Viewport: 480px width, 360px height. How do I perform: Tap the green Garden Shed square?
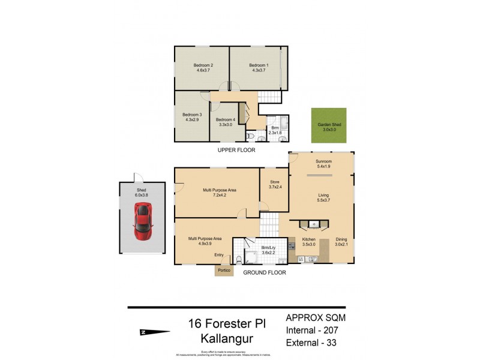tap(329, 125)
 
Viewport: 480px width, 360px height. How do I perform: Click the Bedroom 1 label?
tap(259, 65)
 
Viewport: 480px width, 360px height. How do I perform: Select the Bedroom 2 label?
tap(203, 65)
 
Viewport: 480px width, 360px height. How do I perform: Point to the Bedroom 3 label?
tap(192, 115)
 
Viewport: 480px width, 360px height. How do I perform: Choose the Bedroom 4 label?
tap(226, 120)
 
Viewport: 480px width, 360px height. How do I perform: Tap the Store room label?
tap(274, 182)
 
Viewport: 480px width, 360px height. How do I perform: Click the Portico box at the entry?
tap(224, 270)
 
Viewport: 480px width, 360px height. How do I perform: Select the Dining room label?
tap(341, 239)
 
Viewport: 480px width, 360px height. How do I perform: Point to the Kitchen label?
tap(308, 239)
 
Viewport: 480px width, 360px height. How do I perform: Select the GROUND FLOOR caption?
tap(264, 272)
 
